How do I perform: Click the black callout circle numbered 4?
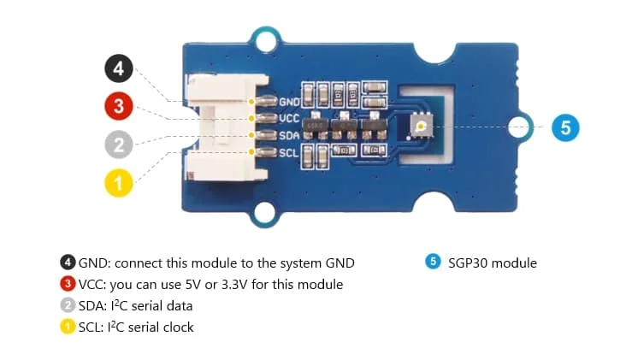(119, 69)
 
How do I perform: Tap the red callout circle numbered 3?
(119, 107)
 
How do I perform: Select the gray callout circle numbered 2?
(119, 145)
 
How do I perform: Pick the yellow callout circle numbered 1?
(119, 182)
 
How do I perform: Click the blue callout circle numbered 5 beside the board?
(565, 128)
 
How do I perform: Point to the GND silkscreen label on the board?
(288, 102)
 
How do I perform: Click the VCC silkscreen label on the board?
(288, 119)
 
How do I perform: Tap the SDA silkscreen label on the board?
(288, 135)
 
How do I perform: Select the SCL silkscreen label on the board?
(288, 152)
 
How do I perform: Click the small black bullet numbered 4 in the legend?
(68, 263)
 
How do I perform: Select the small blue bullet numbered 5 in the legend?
(433, 263)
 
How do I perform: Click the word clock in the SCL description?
(177, 328)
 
